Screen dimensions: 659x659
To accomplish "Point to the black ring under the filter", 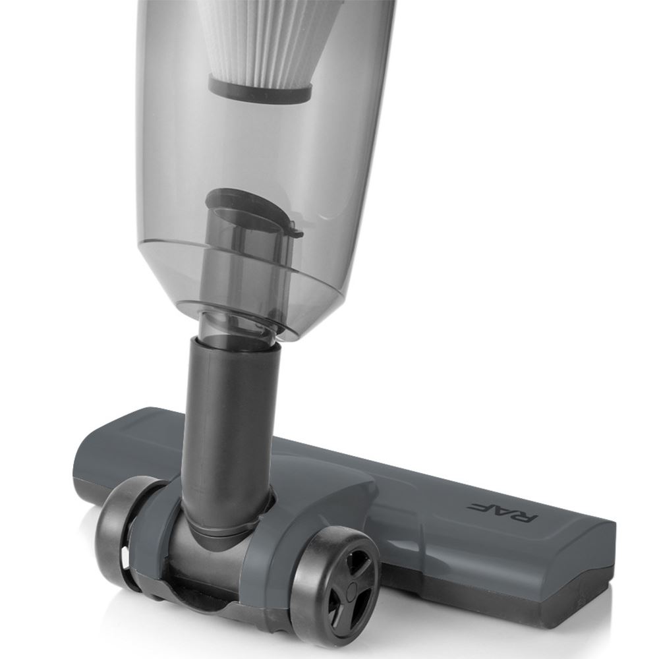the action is pyautogui.click(x=260, y=88).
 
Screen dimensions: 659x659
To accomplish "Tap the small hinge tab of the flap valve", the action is pyautogui.click(x=295, y=232).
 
